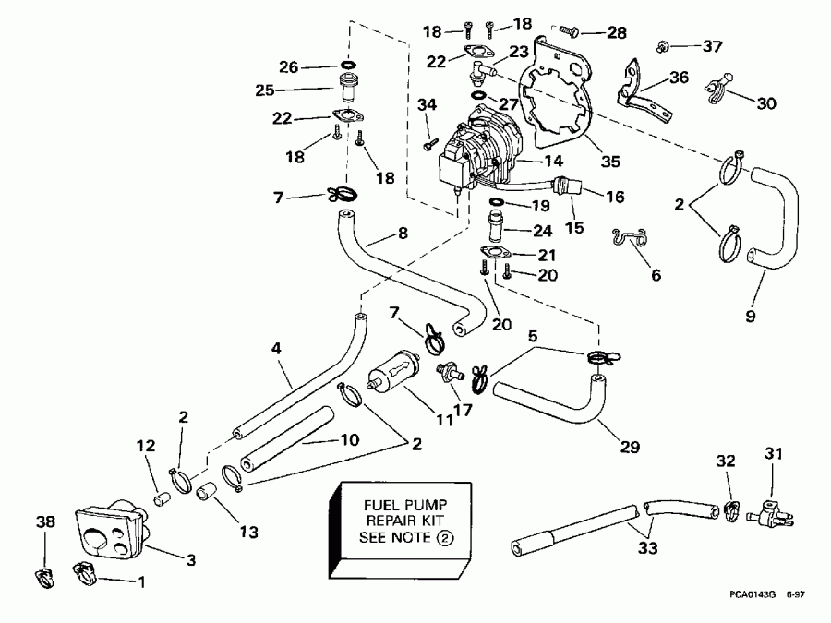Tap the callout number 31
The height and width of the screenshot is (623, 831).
coord(774,453)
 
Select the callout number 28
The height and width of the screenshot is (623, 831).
coord(617,33)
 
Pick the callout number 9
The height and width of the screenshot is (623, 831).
coord(750,317)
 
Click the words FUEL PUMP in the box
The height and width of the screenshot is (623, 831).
coord(398,507)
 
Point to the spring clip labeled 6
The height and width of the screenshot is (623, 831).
coord(629,238)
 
